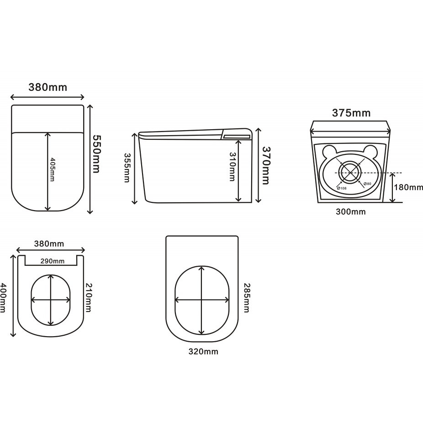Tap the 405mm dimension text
click(x=52, y=169)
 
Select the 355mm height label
click(x=127, y=168)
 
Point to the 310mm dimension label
click(x=232, y=166)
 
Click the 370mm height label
click(x=266, y=165)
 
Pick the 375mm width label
click(x=351, y=113)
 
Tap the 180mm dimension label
click(x=408, y=187)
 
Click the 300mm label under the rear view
click(x=351, y=212)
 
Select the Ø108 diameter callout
click(x=342, y=188)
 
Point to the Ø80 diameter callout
click(x=367, y=184)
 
